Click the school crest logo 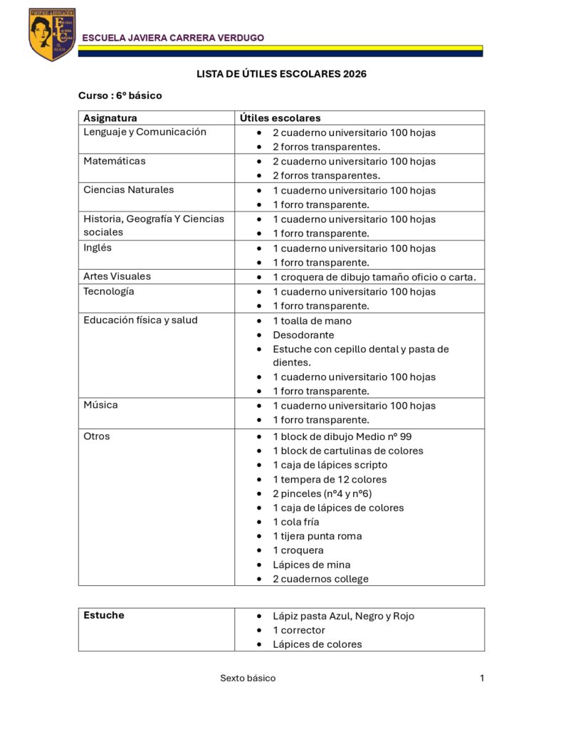pos(52,34)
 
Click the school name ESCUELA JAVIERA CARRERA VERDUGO pos(173,38)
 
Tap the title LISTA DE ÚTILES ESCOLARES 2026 pos(281,74)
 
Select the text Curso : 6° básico pos(120,95)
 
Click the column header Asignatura pos(110,118)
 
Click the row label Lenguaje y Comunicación pos(144,132)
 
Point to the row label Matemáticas pos(114,161)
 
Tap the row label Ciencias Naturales pos(128,189)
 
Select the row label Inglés pos(98,248)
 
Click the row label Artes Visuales pos(117,276)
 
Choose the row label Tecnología pos(108,291)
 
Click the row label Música pos(100,405)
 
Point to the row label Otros pos(97,436)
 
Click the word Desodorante pos(303,335)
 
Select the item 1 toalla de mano pos(312,320)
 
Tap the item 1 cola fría pos(296,522)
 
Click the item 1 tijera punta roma pos(317,536)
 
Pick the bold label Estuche pos(104,615)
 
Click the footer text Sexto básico pos(248,678)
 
